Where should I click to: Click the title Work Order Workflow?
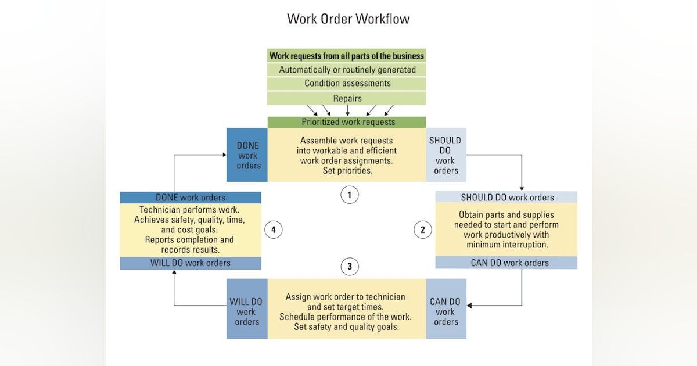tap(348, 19)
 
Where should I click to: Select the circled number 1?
tap(349, 195)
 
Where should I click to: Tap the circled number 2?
tap(422, 230)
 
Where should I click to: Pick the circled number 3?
tap(349, 267)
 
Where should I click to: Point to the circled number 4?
tap(273, 230)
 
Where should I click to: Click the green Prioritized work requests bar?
tap(347, 122)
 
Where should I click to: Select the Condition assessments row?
tap(347, 83)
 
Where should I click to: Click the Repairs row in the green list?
tap(347, 98)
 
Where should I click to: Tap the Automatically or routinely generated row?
tap(347, 70)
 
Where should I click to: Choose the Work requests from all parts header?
tap(347, 56)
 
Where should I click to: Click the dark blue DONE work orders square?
tap(247, 155)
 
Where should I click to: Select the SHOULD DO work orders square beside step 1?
tap(445, 155)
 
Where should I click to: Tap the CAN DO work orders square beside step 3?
tap(445, 308)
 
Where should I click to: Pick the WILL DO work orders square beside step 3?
tap(247, 308)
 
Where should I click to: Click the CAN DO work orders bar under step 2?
tap(506, 263)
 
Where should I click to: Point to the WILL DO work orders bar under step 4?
tap(191, 263)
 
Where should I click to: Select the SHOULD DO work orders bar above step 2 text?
tap(506, 197)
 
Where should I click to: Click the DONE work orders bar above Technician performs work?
tap(191, 198)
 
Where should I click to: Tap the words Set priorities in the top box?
tap(347, 171)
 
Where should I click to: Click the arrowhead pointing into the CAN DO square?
tap(470, 305)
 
